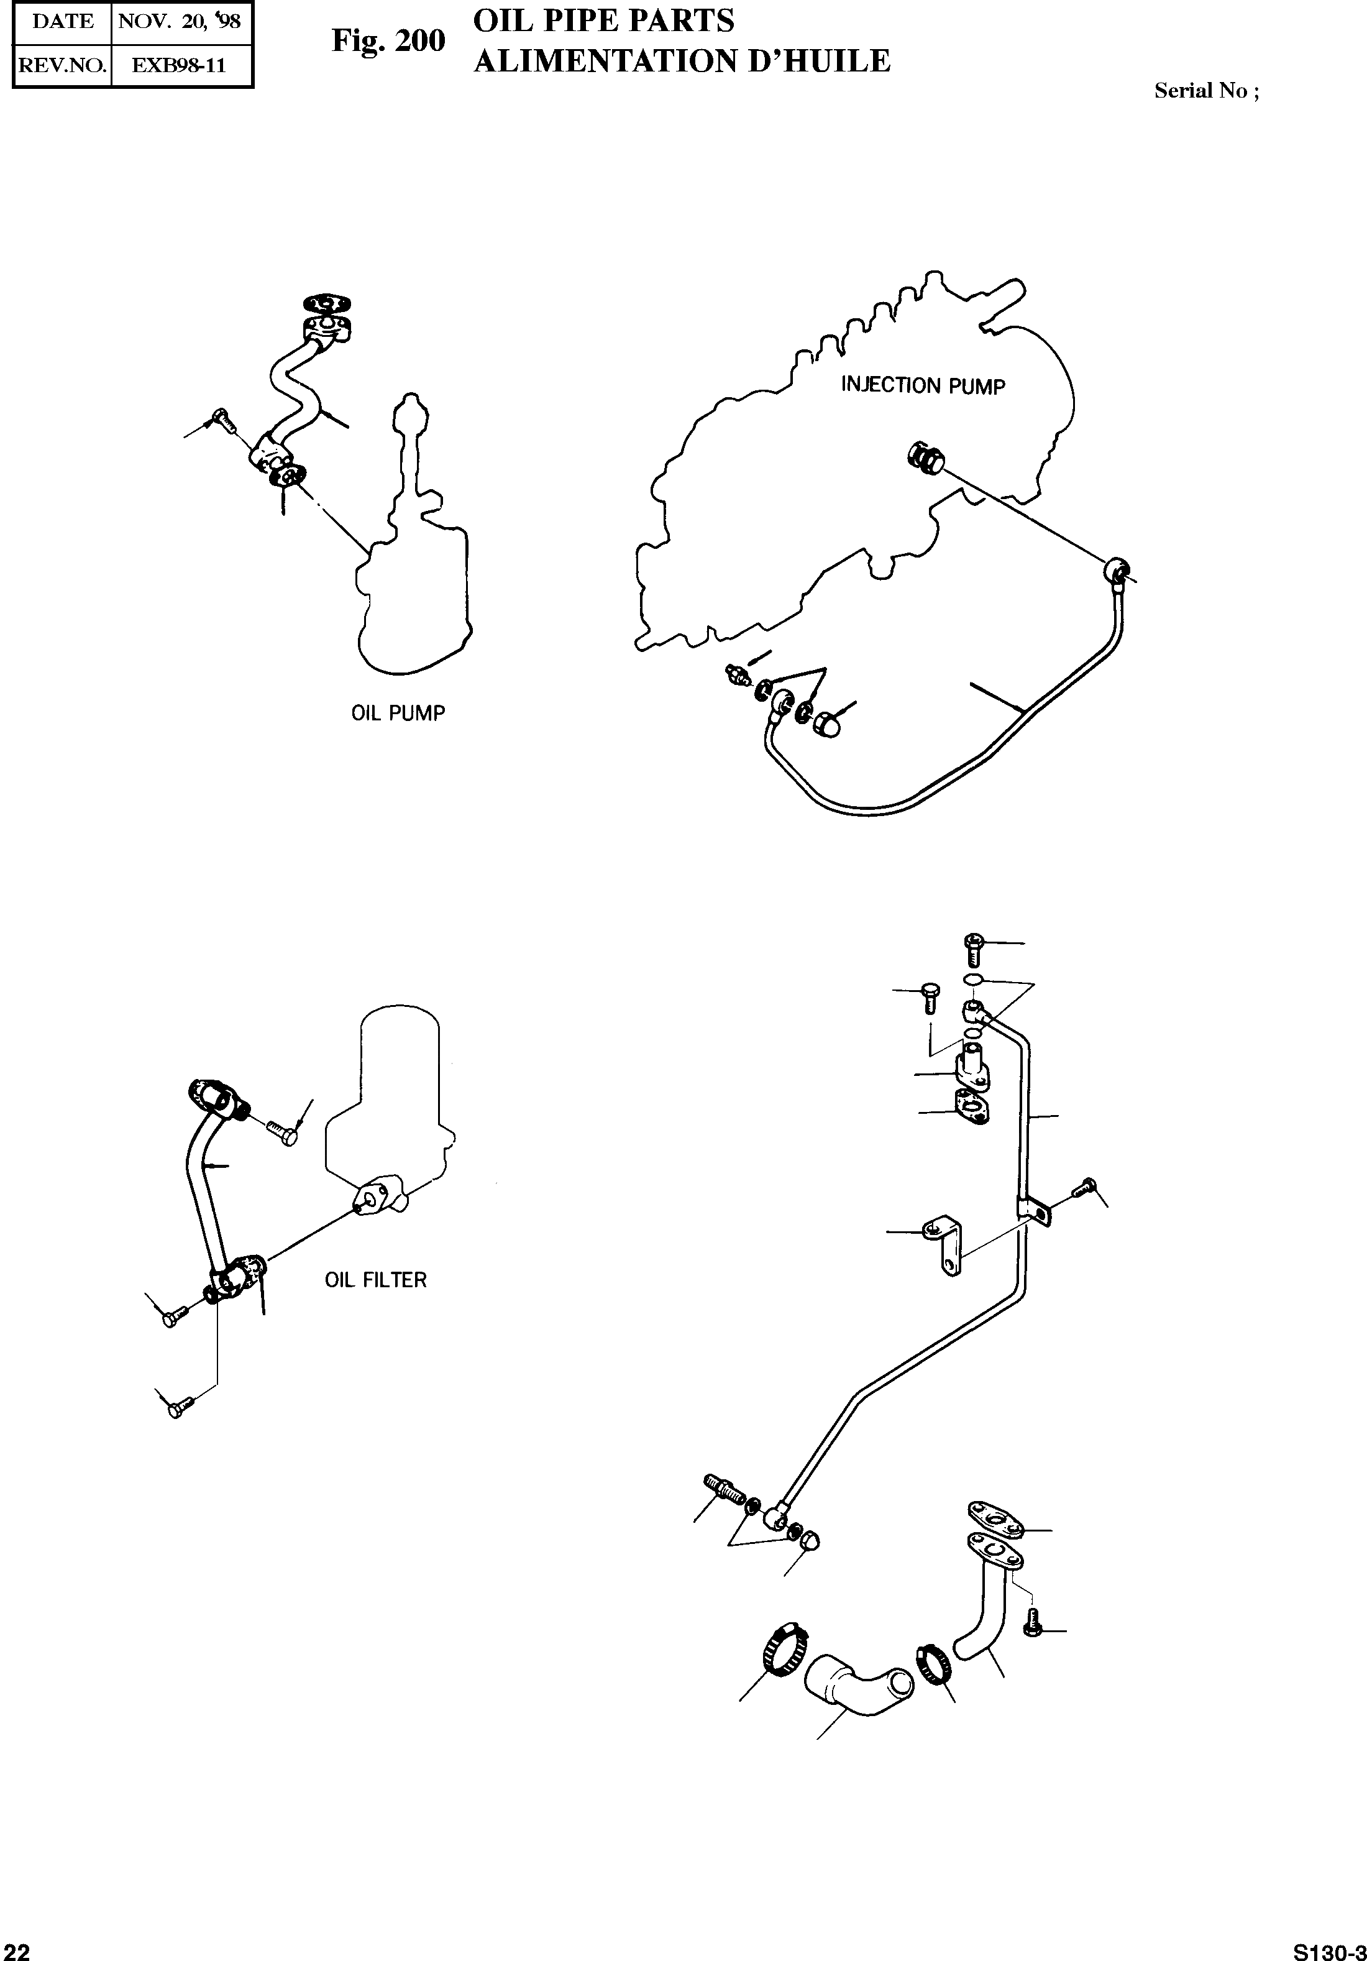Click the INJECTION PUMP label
(x=923, y=385)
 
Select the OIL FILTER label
(x=376, y=1279)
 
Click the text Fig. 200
(x=388, y=40)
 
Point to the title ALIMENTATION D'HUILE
(x=682, y=61)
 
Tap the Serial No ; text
(x=1205, y=91)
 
